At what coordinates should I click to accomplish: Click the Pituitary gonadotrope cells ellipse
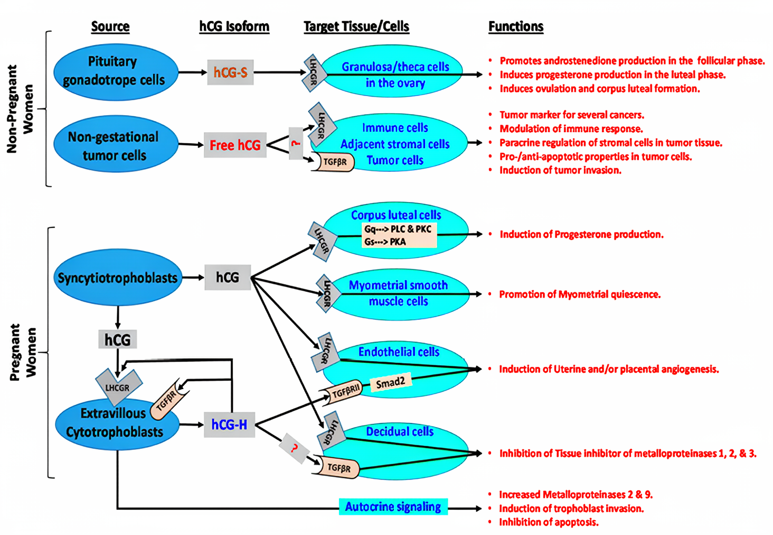(x=116, y=72)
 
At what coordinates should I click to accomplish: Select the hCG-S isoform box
(x=230, y=72)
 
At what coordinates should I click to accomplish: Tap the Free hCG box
(x=235, y=145)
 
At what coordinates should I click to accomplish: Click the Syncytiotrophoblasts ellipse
(x=118, y=278)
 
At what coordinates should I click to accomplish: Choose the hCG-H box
(x=229, y=425)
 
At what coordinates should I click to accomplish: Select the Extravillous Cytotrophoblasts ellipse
(x=116, y=423)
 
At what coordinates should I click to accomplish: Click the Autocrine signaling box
(x=393, y=506)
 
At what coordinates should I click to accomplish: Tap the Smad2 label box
(x=390, y=383)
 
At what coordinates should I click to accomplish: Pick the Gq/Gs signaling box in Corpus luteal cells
(x=399, y=235)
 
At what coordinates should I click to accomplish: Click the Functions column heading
(x=515, y=26)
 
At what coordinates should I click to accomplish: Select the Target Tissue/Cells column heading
(x=356, y=26)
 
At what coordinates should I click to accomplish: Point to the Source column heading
(x=110, y=26)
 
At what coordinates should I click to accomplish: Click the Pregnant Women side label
(x=23, y=352)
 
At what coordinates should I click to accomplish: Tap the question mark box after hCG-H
(x=294, y=448)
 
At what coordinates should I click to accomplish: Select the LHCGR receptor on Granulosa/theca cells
(x=314, y=72)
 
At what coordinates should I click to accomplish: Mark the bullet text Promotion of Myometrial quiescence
(x=580, y=294)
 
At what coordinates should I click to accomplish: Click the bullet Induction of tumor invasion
(x=560, y=170)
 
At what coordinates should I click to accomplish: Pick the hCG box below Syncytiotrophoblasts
(x=117, y=339)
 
